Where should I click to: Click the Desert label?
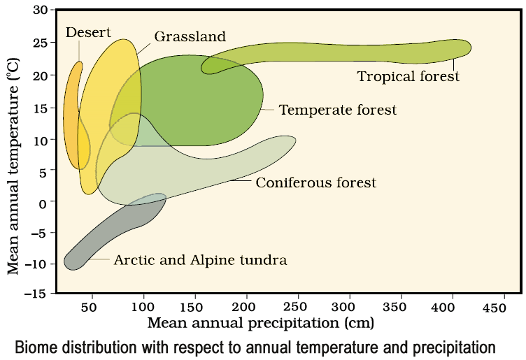[x=88, y=32]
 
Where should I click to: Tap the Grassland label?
[x=191, y=36]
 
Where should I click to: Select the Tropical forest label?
[x=408, y=76]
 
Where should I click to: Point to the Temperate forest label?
[x=337, y=110]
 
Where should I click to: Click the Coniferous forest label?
[x=315, y=183]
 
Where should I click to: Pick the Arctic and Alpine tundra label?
[x=200, y=260]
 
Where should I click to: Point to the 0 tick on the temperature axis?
[x=45, y=203]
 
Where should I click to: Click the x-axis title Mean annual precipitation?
[x=260, y=324]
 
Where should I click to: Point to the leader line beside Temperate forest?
[x=269, y=110]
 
